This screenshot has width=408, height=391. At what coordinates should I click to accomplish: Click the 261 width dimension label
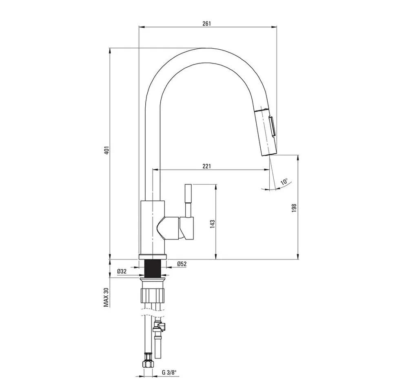coord(206,23)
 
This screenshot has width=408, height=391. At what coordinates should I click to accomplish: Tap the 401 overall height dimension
coord(106,151)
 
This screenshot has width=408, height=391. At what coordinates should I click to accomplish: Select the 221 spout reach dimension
coord(206,166)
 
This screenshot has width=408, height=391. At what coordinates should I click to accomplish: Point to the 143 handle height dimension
coord(213,224)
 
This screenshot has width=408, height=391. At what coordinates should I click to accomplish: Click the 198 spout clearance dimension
coord(294,209)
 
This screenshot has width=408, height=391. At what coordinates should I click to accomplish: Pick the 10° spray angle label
coord(284,182)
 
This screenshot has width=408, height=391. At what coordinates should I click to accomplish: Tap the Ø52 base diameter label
coord(182,264)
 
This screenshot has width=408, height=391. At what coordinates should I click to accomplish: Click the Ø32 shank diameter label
coord(122,272)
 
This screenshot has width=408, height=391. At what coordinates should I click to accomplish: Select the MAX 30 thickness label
coord(106,297)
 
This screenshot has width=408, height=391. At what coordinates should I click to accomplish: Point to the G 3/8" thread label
coord(169,373)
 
